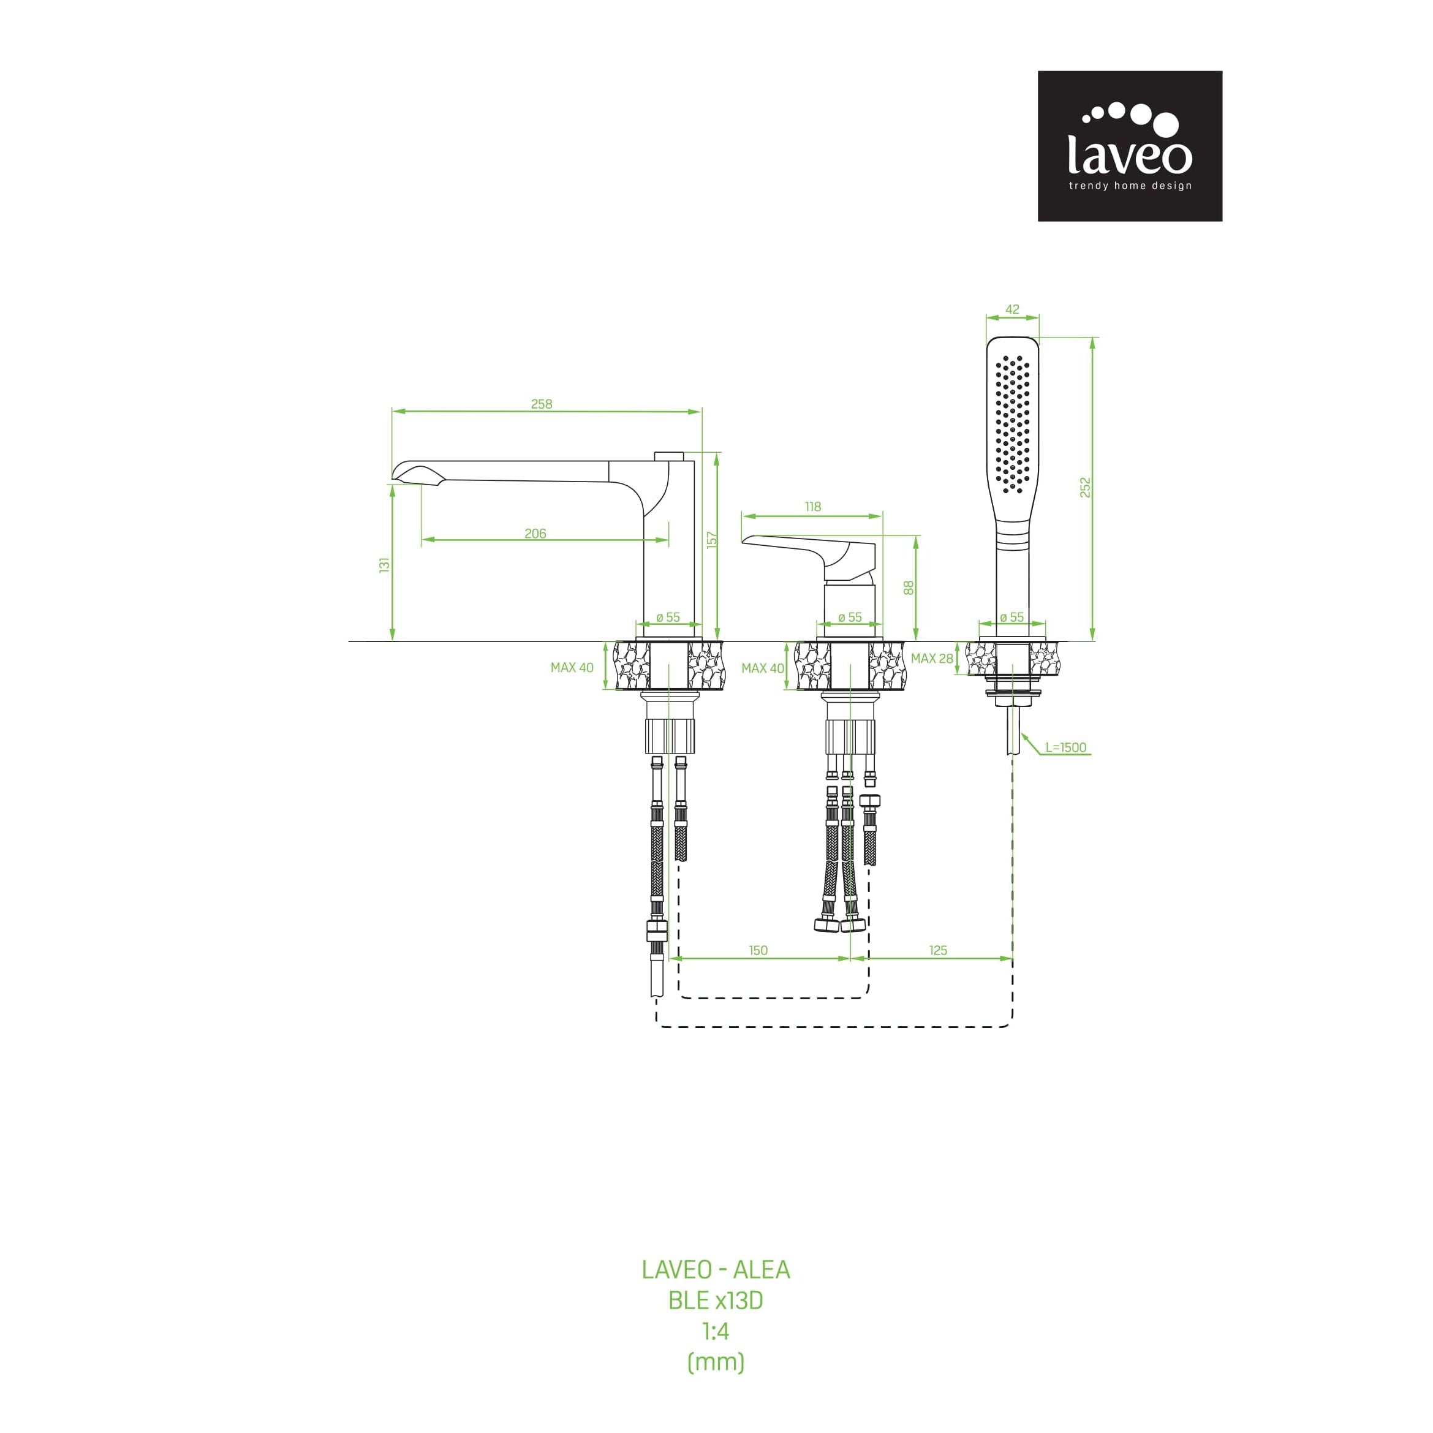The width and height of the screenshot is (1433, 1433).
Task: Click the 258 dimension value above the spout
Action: [542, 404]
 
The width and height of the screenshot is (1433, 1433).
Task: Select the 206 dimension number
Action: [535, 533]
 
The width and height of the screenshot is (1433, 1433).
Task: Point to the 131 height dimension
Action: [384, 564]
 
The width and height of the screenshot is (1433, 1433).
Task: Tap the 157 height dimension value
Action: [712, 539]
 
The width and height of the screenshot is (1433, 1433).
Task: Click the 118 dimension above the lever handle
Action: [813, 507]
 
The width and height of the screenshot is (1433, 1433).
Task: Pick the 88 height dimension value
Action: [909, 588]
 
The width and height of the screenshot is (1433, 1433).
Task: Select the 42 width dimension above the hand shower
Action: [1013, 309]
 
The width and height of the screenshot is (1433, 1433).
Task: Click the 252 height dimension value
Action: [1085, 487]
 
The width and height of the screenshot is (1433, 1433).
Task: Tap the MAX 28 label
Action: [932, 658]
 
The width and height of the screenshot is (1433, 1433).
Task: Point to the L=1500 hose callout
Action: [1066, 747]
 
